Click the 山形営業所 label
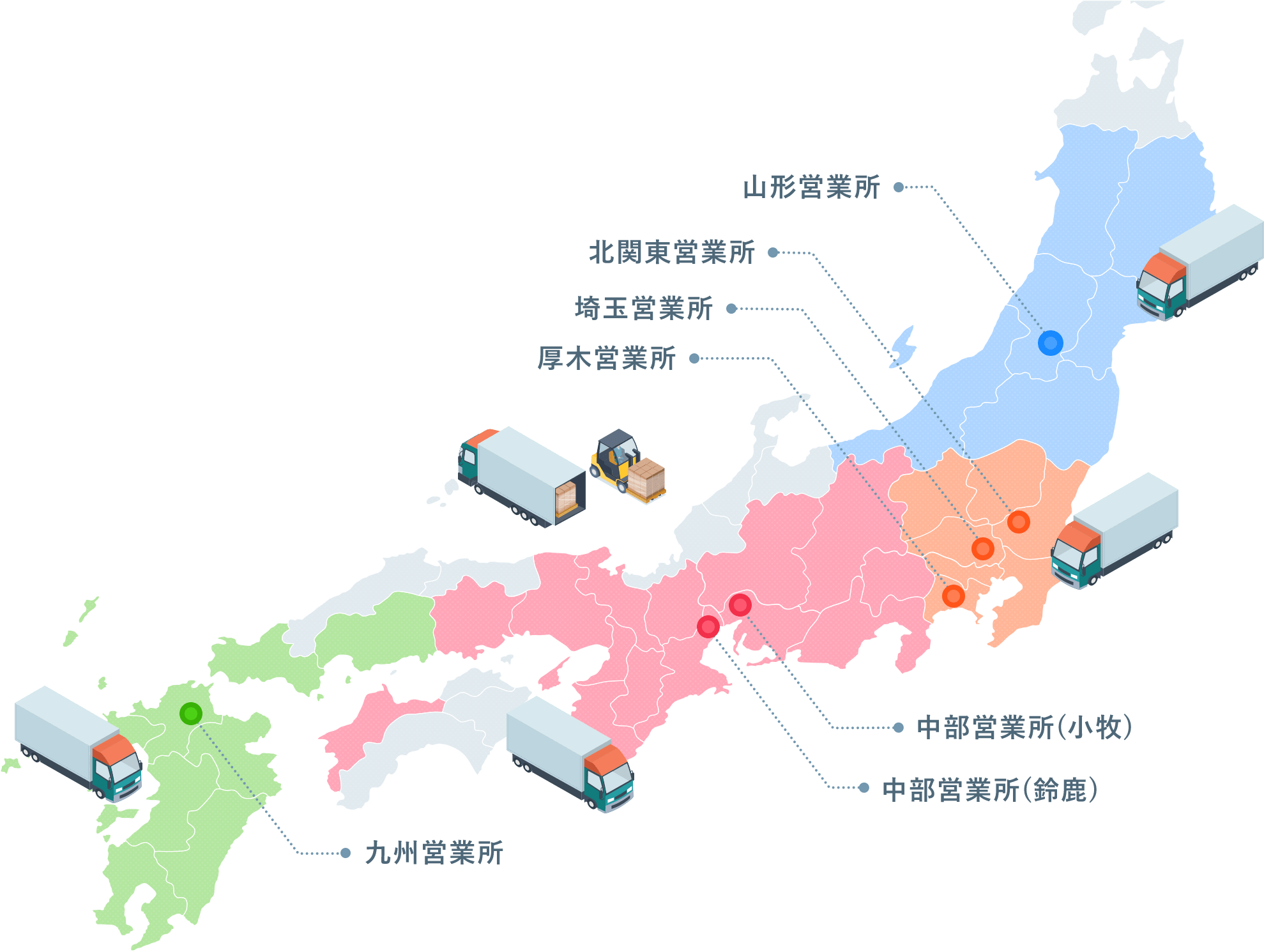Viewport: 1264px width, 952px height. pyautogui.click(x=811, y=187)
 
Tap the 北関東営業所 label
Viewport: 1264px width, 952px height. pyautogui.click(x=671, y=252)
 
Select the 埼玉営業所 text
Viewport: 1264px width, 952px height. pyautogui.click(x=643, y=309)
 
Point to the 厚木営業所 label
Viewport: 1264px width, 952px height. pyautogui.click(x=606, y=358)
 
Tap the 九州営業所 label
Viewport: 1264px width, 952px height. pyautogui.click(x=434, y=853)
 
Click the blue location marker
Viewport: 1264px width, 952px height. pyautogui.click(x=1050, y=343)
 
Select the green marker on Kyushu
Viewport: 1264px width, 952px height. pyautogui.click(x=190, y=713)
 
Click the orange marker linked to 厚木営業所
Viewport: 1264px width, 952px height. pyautogui.click(x=953, y=595)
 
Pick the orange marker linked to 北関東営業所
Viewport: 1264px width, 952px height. pyautogui.click(x=1018, y=522)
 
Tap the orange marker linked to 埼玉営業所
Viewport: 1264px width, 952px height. pyautogui.click(x=982, y=548)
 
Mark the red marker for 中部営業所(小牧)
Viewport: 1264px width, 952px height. pyautogui.click(x=740, y=604)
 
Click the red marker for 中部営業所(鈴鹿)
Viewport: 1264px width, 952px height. pyautogui.click(x=708, y=626)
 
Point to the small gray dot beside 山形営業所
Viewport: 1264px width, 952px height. pyautogui.click(x=899, y=187)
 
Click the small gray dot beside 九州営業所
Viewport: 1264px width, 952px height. pyautogui.click(x=346, y=853)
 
